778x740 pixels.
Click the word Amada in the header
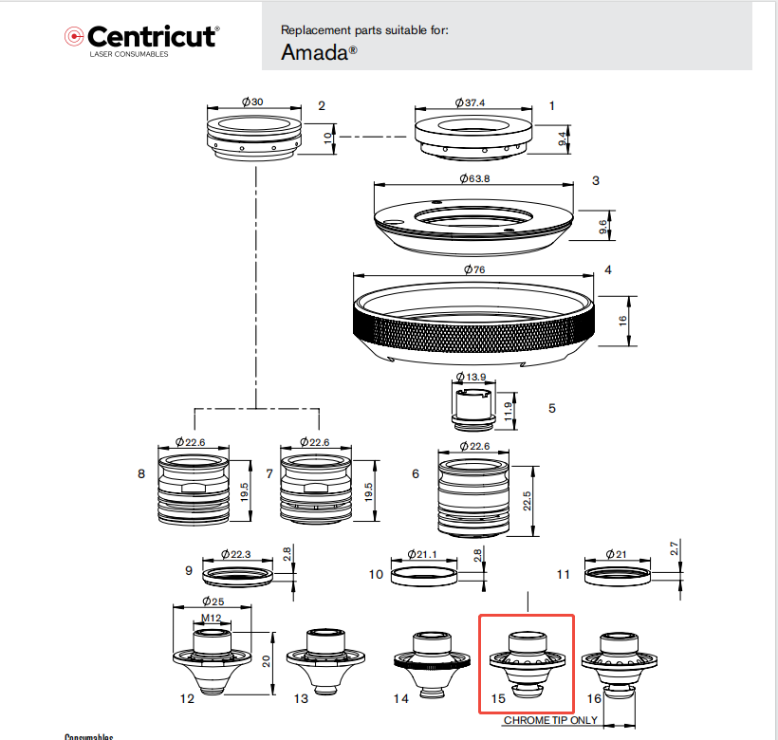[319, 52]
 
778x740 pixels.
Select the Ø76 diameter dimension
[473, 270]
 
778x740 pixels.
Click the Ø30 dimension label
[252, 102]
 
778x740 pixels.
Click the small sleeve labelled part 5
[471, 408]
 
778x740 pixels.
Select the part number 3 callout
[595, 179]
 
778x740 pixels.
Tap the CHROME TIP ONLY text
[549, 720]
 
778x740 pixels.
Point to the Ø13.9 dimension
[471, 377]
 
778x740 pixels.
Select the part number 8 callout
[141, 472]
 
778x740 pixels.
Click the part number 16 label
[595, 699]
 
